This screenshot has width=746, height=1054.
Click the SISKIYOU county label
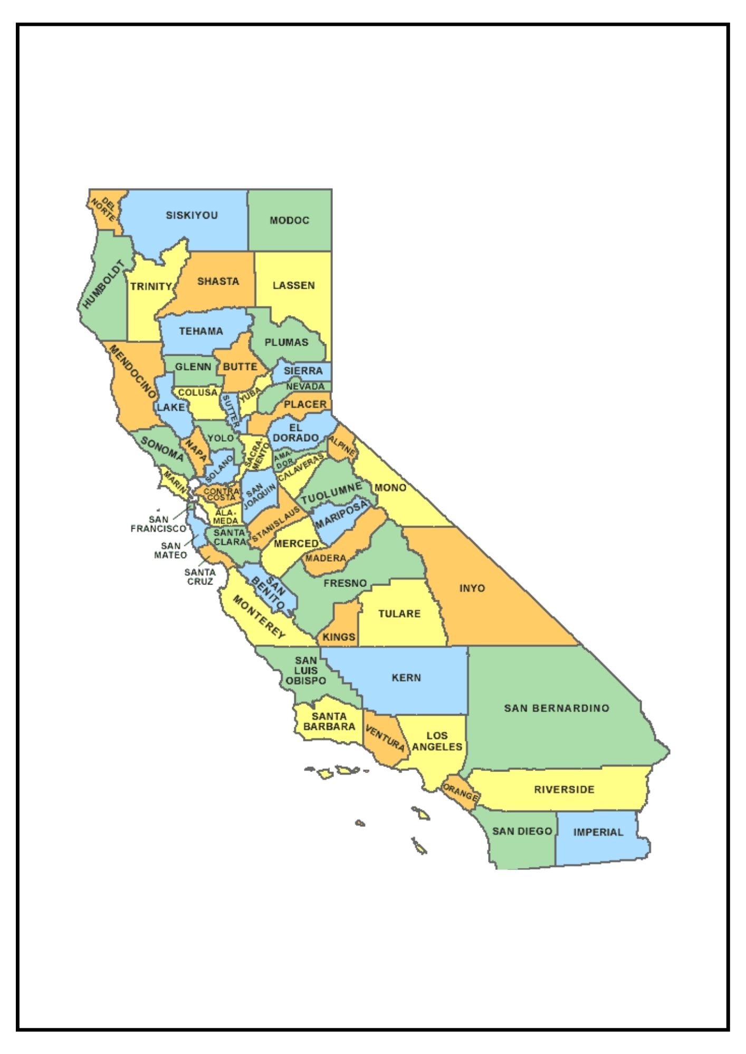[192, 215]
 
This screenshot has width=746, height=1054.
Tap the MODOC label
[289, 220]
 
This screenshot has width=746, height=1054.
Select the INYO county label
[472, 588]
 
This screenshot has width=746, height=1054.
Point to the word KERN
[406, 678]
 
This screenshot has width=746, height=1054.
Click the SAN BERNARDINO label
[557, 708]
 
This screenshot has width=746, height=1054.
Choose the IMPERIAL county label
[598, 832]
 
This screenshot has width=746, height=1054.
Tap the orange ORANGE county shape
[460, 792]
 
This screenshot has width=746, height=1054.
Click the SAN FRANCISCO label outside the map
[158, 524]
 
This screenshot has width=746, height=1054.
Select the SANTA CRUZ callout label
[200, 577]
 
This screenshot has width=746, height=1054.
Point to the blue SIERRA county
[303, 371]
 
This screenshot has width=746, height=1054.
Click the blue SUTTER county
[230, 411]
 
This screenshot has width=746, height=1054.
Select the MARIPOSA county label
[341, 515]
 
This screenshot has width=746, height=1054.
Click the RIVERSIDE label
[564, 789]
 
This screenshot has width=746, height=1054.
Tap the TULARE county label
[399, 613]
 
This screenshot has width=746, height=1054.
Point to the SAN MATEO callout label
[170, 550]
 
